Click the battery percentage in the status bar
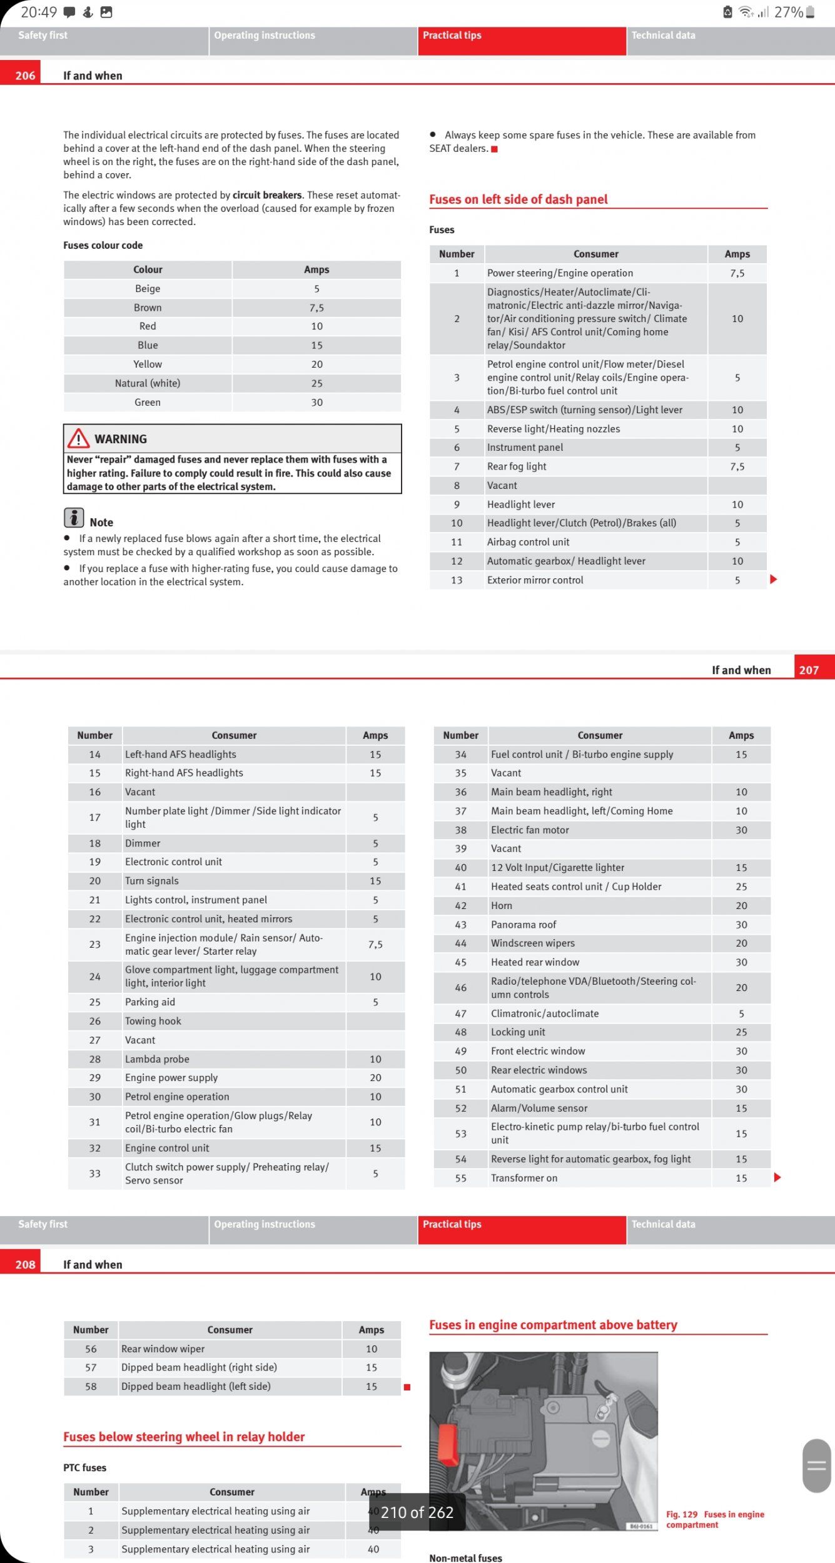[x=788, y=13]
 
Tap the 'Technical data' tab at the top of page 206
[x=663, y=36]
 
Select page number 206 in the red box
[x=25, y=76]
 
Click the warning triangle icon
[x=78, y=438]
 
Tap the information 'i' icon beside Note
[x=74, y=518]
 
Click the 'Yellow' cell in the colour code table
[x=148, y=364]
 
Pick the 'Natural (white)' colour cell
[x=148, y=383]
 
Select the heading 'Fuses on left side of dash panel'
[x=518, y=199]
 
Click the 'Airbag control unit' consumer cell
[x=528, y=542]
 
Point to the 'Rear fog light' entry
[x=517, y=466]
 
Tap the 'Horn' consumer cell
[x=502, y=905]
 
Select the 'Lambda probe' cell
[x=157, y=1059]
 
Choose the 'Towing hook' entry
[x=153, y=1021]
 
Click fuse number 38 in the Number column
[x=461, y=830]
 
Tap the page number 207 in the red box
[x=809, y=670]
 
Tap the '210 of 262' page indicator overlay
[x=417, y=1512]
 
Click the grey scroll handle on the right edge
[x=817, y=1465]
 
